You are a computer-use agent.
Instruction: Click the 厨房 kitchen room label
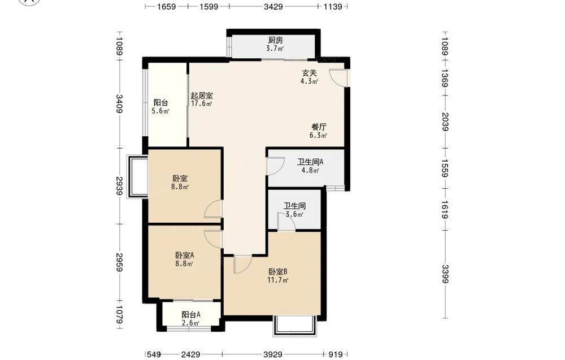[x=275, y=40]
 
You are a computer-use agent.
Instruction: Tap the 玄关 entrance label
[x=309, y=73]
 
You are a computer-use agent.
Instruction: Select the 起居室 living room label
[x=202, y=96]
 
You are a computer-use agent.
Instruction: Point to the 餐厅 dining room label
[x=319, y=127]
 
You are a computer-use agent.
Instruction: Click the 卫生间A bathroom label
[x=310, y=162]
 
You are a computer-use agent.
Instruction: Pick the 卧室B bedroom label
[x=277, y=272]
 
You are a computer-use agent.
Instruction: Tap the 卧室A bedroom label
[x=185, y=255]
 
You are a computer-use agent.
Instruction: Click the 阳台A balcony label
[x=191, y=315]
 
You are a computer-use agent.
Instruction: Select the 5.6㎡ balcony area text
[x=160, y=111]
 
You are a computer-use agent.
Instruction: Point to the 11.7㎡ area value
[x=277, y=280]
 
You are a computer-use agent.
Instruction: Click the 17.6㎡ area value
[x=202, y=104]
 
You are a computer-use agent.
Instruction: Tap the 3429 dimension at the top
[x=273, y=6]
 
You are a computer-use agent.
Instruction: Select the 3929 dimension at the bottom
[x=273, y=354]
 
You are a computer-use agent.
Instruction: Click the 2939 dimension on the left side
[x=120, y=186]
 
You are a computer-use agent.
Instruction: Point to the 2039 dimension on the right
[x=445, y=122]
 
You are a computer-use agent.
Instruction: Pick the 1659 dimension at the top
[x=166, y=6]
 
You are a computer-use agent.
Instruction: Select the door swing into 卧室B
[x=243, y=264]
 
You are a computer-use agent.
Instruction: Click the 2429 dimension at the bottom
[x=190, y=354]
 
